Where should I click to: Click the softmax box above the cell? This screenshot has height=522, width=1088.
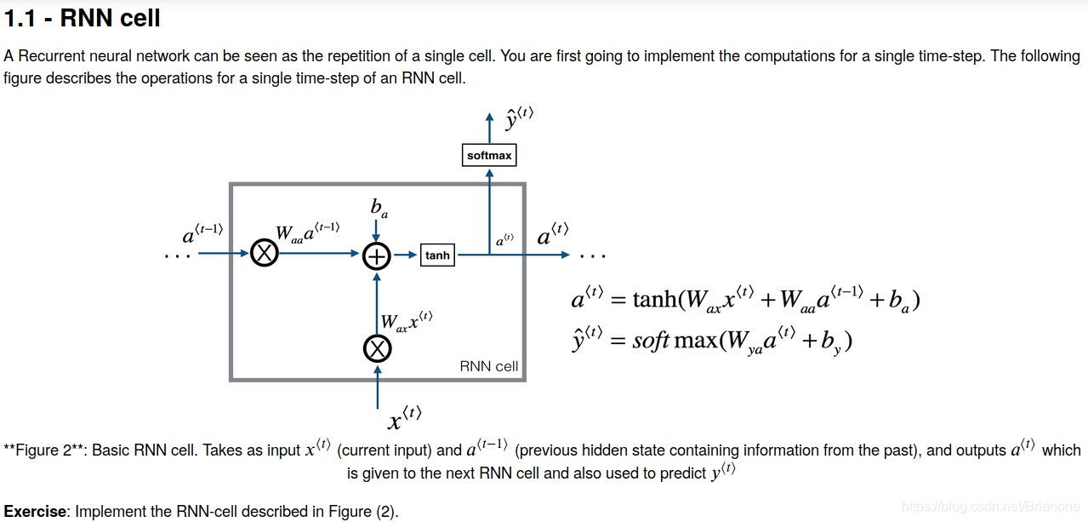pos(489,156)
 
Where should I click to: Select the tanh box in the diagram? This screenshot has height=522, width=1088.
pos(437,255)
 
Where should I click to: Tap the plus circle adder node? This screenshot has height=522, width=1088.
pos(377,255)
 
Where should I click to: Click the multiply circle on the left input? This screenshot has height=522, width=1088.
pos(265,254)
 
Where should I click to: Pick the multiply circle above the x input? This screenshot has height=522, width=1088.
pos(378,347)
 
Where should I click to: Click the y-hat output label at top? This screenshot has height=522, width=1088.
pos(518,118)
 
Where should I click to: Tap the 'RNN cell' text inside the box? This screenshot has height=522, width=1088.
pos(488,366)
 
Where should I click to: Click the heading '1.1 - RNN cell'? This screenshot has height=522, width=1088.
pos(82,17)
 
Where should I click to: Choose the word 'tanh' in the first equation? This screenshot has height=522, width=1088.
pos(655,300)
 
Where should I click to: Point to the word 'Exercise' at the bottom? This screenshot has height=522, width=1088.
pos(36,512)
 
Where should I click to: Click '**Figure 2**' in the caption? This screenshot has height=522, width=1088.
pos(43,450)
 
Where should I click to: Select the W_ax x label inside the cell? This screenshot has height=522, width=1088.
pos(406,321)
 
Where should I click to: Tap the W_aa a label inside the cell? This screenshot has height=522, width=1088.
pos(307,232)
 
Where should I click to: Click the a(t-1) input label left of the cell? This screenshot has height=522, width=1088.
pos(202,232)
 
